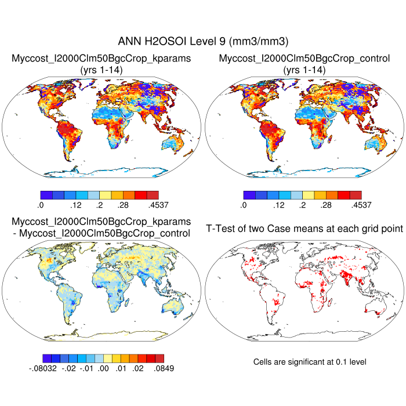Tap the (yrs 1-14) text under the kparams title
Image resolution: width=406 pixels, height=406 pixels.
[x=101, y=70]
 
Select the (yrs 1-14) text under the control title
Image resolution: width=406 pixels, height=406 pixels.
[x=304, y=70]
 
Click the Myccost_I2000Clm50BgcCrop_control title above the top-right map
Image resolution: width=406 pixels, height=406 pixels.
[x=304, y=59]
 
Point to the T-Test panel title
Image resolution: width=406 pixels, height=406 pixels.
[x=304, y=229]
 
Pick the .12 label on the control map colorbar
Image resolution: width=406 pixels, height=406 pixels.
[x=278, y=205]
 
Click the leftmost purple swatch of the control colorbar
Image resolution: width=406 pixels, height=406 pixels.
[x=249, y=194]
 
